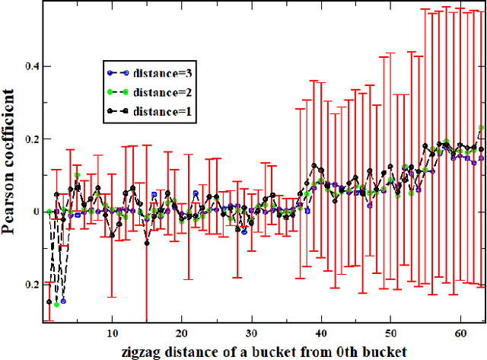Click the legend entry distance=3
[156, 74]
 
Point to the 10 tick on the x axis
[112, 333]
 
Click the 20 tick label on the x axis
[181, 333]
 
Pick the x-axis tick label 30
[250, 333]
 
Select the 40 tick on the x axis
[320, 333]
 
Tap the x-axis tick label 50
[390, 333]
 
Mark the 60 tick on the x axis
[459, 333]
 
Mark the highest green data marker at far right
[481, 128]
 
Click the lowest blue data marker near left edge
[63, 301]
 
